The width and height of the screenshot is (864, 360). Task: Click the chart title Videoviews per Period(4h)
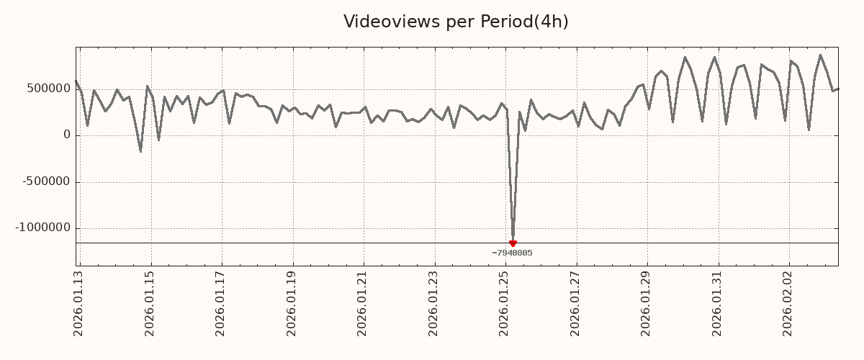(456, 22)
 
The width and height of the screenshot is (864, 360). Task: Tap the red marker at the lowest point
(513, 243)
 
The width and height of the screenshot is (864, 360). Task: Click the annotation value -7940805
(512, 253)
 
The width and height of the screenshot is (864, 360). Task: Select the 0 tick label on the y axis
(67, 135)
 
